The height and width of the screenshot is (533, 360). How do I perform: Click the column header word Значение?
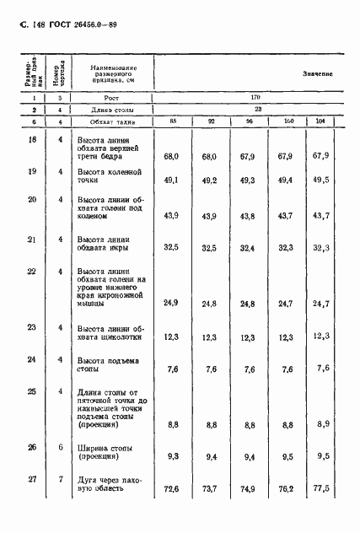pyautogui.click(x=317, y=74)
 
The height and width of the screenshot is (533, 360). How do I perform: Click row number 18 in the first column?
pyautogui.click(x=32, y=139)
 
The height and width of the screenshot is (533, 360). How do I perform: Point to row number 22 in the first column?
pyautogui.click(x=32, y=272)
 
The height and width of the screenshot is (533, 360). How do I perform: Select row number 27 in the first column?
pyautogui.click(x=32, y=480)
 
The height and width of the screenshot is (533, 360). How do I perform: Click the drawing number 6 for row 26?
pyautogui.click(x=60, y=448)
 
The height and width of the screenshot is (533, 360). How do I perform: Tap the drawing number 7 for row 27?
pyautogui.click(x=60, y=480)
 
